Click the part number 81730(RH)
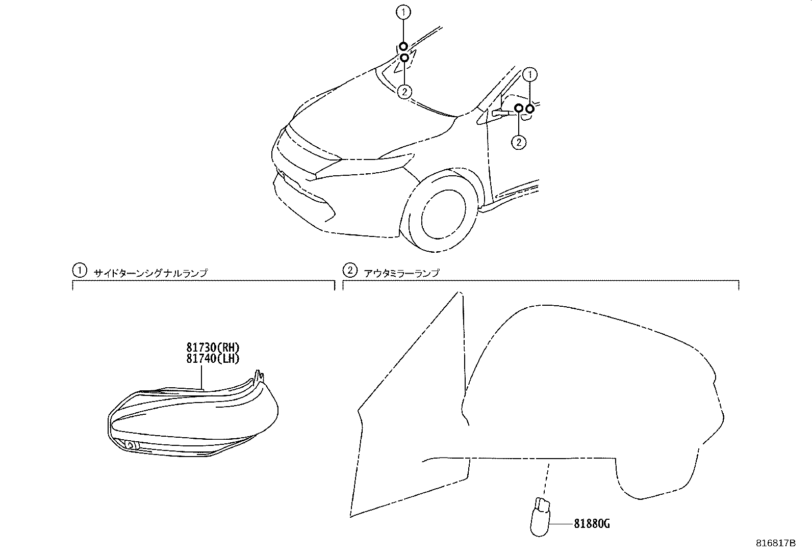click(213, 348)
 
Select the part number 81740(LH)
click(213, 358)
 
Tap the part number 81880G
click(592, 524)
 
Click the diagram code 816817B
click(775, 543)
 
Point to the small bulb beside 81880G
click(540, 518)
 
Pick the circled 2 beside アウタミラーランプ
click(349, 270)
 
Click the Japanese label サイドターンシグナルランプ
click(150, 273)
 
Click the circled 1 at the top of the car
click(403, 12)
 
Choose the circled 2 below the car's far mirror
click(404, 92)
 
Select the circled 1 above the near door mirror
click(530, 75)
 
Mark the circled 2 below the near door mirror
click(519, 142)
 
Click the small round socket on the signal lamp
click(130, 445)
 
